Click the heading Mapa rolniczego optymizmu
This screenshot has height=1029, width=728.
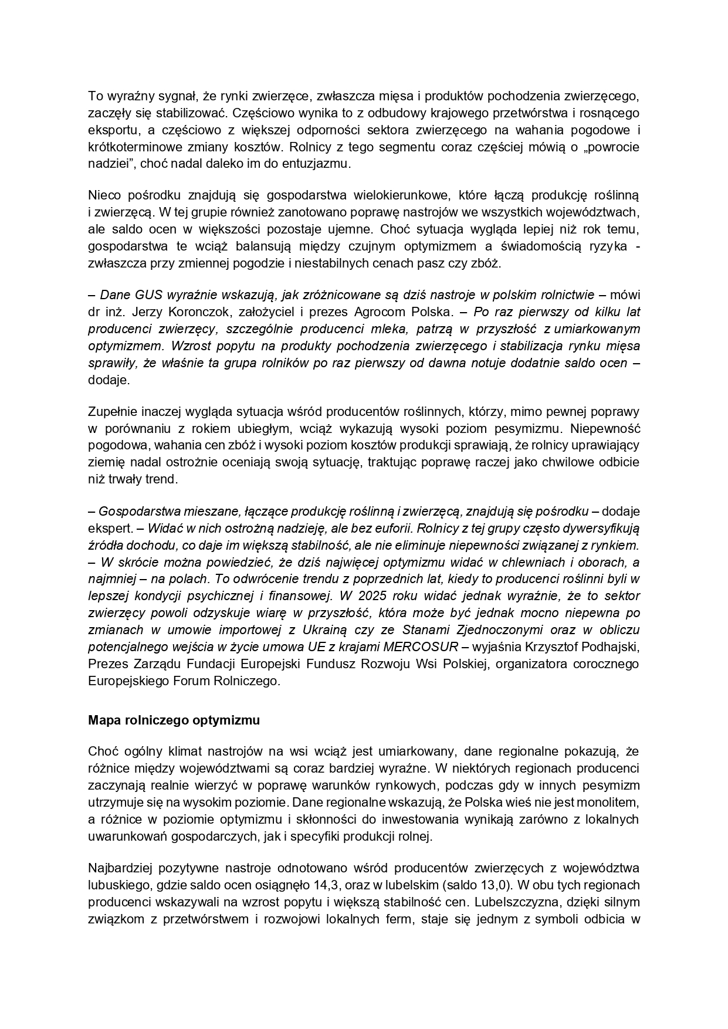tap(174, 720)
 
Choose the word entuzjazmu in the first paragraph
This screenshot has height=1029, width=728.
tap(320, 164)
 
